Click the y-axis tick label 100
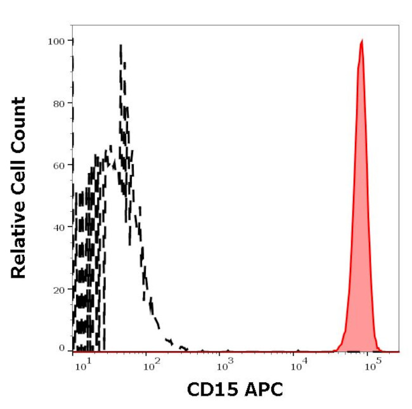(57, 41)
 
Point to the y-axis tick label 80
(60, 103)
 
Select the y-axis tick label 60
(60, 165)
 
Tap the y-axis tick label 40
(60, 227)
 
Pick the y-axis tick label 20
(60, 289)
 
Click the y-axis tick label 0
(62, 348)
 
